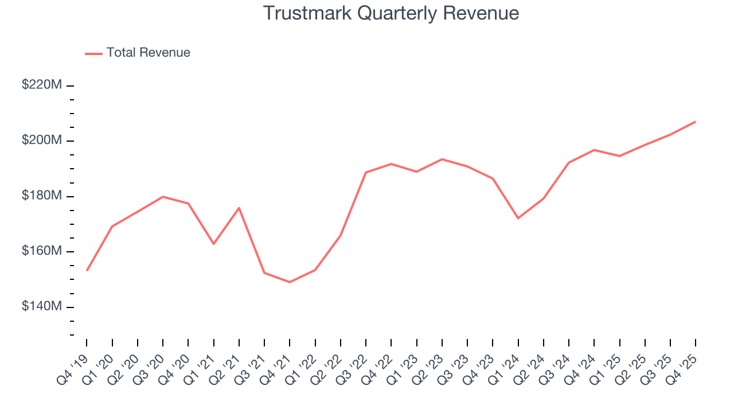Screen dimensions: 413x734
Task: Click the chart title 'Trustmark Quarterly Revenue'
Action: pyautogui.click(x=391, y=13)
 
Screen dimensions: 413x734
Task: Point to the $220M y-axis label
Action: pyautogui.click(x=42, y=85)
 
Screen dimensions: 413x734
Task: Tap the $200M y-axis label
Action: pyautogui.click(x=42, y=141)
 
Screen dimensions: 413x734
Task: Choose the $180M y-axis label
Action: pyautogui.click(x=42, y=196)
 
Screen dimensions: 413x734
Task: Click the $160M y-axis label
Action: pyautogui.click(x=42, y=252)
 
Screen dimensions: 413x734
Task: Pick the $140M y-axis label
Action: pyautogui.click(x=42, y=307)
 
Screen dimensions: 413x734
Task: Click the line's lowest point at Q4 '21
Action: pyautogui.click(x=290, y=282)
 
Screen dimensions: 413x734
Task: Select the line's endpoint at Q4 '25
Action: pyautogui.click(x=696, y=122)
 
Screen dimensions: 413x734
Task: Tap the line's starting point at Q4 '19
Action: pyautogui.click(x=87, y=270)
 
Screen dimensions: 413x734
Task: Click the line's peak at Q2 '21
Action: pyautogui.click(x=239, y=208)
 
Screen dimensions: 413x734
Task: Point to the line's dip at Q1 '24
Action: pyautogui.click(x=518, y=218)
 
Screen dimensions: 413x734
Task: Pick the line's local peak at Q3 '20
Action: pyautogui.click(x=163, y=197)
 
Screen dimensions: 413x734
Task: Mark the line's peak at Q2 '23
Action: pyautogui.click(x=442, y=159)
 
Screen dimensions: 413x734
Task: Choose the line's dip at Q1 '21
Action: pyautogui.click(x=213, y=244)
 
